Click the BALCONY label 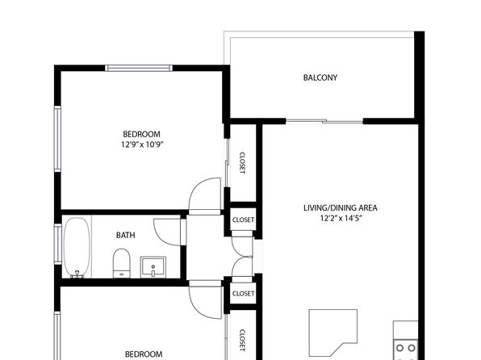320,77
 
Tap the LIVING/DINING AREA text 341,207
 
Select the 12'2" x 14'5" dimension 341,218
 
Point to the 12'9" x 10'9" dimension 141,144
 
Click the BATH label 125,235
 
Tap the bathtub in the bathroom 77,247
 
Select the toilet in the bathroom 122,263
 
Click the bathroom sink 153,267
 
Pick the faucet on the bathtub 77,274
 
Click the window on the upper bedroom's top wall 139,68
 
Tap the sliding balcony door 324,121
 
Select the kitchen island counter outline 333,310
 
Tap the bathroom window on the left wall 57,245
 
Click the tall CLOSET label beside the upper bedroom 242,163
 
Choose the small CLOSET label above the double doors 243,220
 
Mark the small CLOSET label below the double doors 243,294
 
